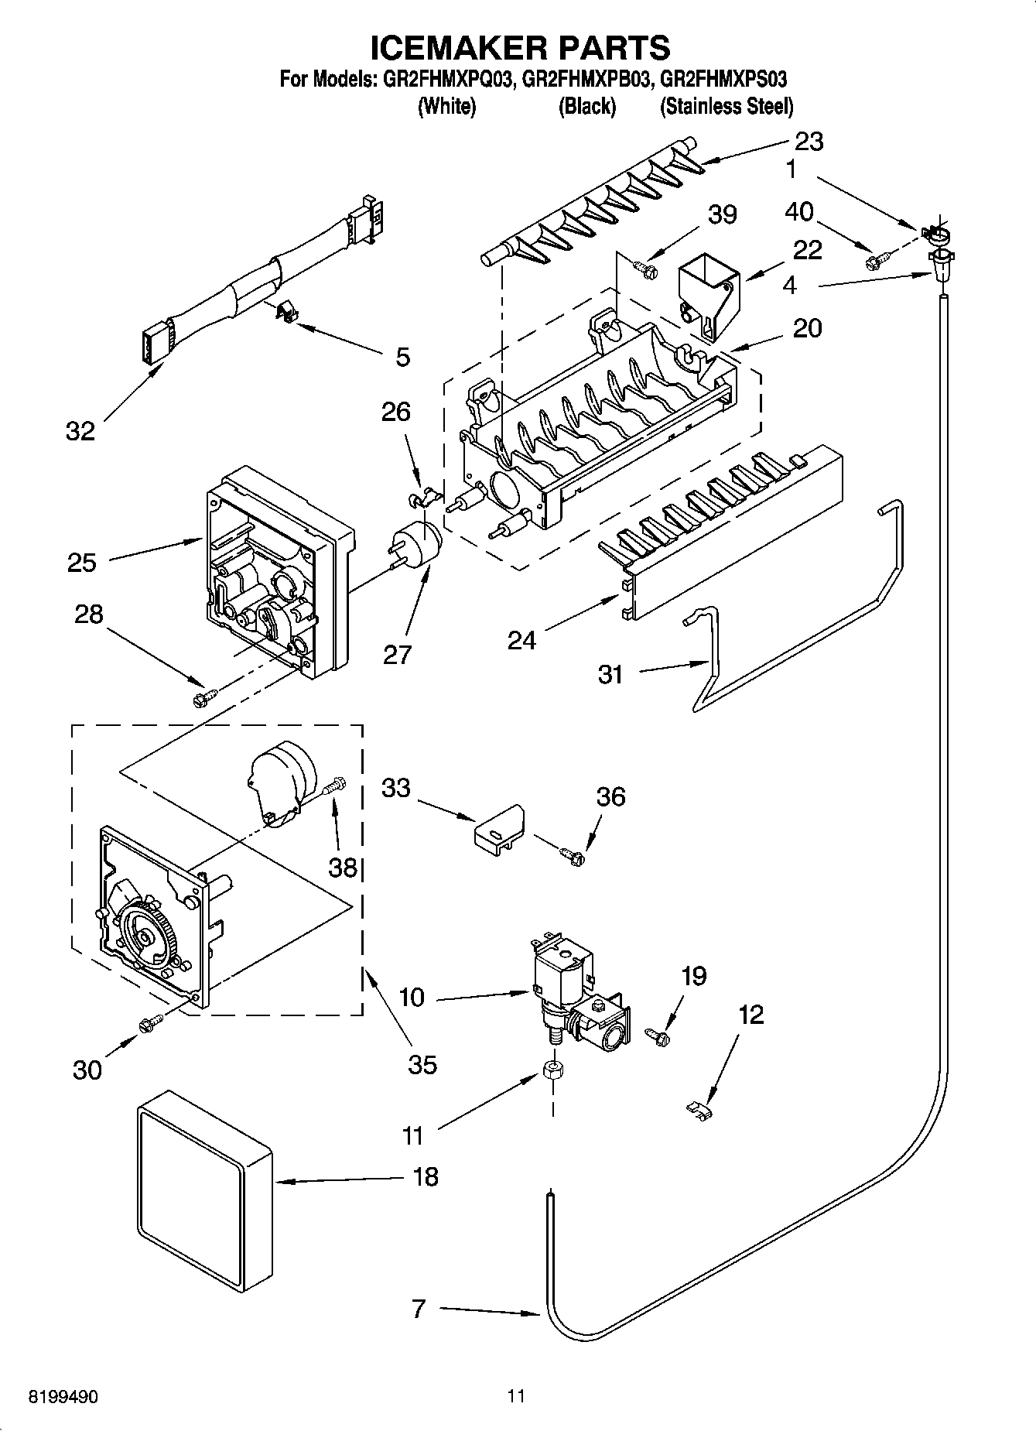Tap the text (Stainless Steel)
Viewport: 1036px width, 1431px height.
pyautogui.click(x=726, y=106)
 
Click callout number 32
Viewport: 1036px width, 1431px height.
pyautogui.click(x=80, y=431)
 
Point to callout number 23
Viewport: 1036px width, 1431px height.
pyautogui.click(x=809, y=141)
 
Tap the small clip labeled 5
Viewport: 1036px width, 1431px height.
pyautogui.click(x=287, y=313)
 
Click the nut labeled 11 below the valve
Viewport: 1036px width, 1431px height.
pyautogui.click(x=552, y=1072)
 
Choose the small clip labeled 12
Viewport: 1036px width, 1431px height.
pyautogui.click(x=699, y=1110)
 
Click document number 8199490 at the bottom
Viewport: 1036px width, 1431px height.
pyautogui.click(x=63, y=1397)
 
